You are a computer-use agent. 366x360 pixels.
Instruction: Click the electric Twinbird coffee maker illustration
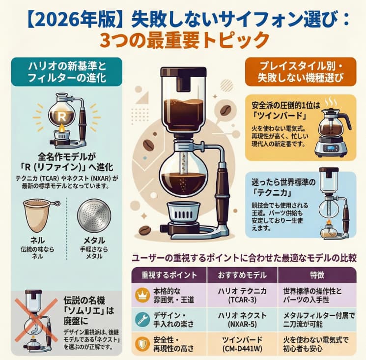(x=334, y=130)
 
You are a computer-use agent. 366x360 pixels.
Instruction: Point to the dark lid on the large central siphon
(x=183, y=74)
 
